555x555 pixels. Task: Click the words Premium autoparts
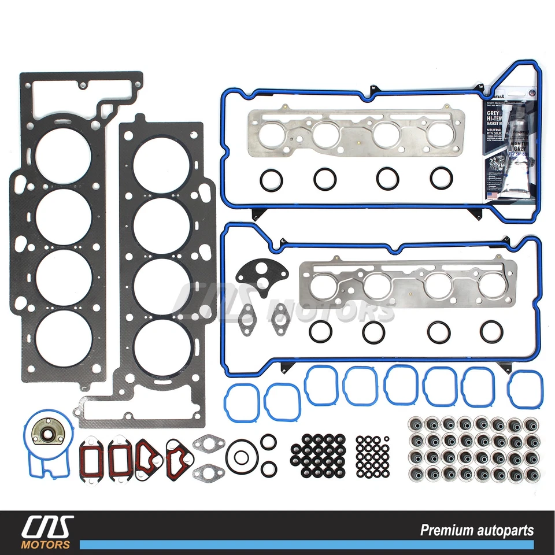[477, 530]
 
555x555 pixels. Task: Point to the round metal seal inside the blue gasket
[44, 431]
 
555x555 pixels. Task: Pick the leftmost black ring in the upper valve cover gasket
[271, 180]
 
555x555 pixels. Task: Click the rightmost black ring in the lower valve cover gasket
[491, 331]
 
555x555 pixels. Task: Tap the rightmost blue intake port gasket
[525, 388]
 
